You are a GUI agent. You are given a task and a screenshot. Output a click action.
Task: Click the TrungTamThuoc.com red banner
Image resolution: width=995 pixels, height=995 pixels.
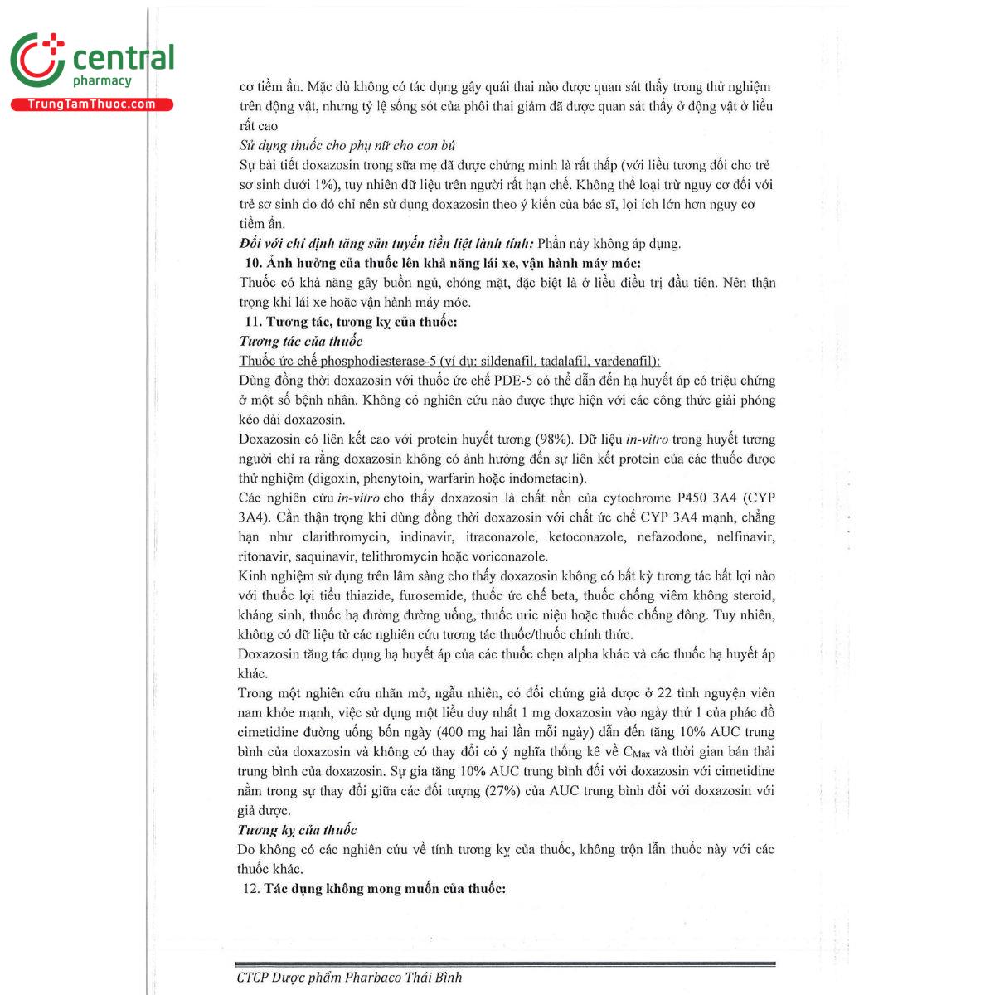pyautogui.click(x=91, y=104)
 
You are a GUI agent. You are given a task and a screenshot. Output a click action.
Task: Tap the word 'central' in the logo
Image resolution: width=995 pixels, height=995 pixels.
pyautogui.click(x=124, y=58)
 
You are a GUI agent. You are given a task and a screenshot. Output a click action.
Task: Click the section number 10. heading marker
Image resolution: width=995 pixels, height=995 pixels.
pyautogui.click(x=254, y=263)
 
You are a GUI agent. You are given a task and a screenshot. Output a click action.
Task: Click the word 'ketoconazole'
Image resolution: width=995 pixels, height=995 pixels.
pyautogui.click(x=586, y=537)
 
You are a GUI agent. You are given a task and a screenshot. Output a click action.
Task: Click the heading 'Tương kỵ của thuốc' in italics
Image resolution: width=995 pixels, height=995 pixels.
pyautogui.click(x=297, y=830)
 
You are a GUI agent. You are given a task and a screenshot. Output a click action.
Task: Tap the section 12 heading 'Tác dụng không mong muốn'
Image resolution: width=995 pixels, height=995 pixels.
pyautogui.click(x=384, y=889)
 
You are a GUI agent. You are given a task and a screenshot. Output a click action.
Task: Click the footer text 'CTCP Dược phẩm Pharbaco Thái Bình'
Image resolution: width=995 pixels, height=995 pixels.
pyautogui.click(x=349, y=978)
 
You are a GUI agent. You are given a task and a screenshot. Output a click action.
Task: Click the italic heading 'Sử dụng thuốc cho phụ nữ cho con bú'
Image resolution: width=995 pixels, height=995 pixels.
pyautogui.click(x=347, y=145)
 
